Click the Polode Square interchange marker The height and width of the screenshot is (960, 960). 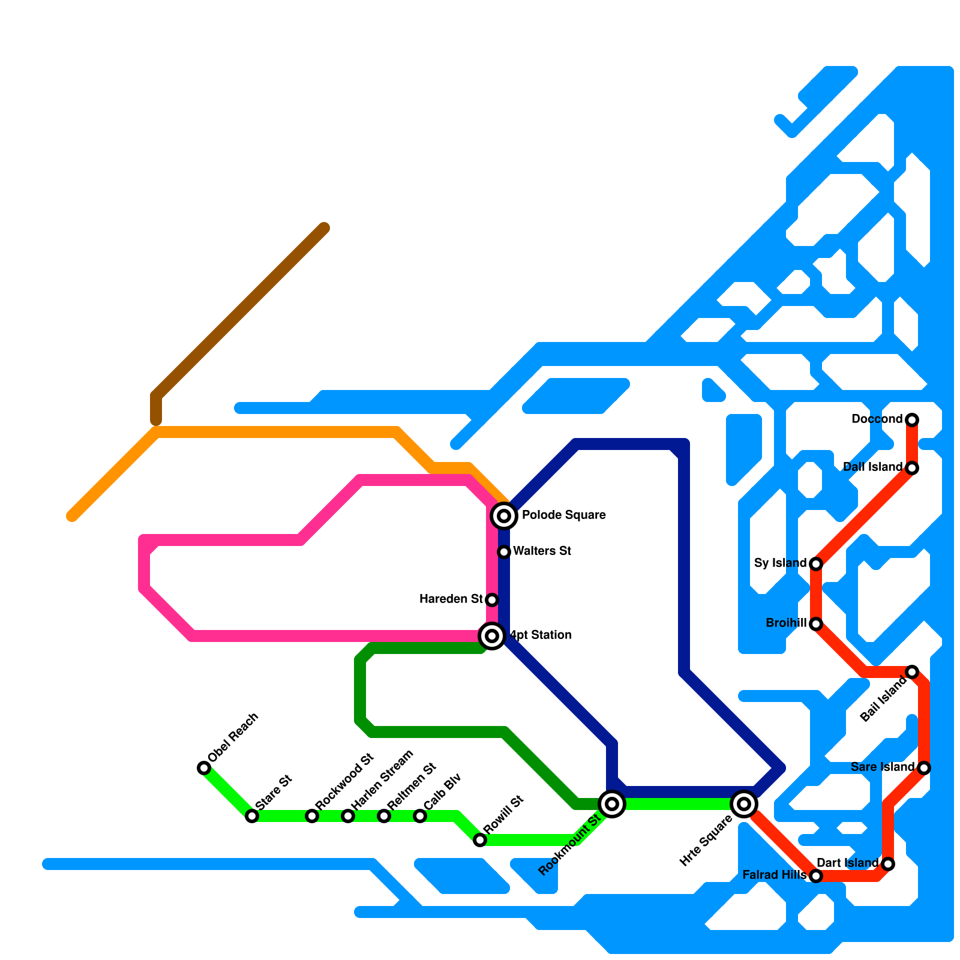coord(504,515)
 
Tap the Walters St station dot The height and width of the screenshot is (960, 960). coord(504,551)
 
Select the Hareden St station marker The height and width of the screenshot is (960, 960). coord(492,599)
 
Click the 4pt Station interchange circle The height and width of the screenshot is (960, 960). coord(492,635)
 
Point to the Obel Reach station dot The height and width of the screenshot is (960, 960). coord(204,767)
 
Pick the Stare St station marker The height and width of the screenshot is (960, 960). coord(252,815)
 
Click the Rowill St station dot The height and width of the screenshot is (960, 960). coord(480,839)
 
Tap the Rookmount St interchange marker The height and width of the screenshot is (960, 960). coord(612,803)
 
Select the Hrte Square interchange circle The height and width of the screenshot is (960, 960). coord(744,803)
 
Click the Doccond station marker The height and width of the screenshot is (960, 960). coord(912,419)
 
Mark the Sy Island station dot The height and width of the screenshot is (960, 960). coord(816,563)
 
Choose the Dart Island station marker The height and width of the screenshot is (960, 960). coord(888,863)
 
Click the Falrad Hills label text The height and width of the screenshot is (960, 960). coord(774,875)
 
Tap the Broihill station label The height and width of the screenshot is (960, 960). coord(786,623)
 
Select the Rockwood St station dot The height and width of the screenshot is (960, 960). coord(312,815)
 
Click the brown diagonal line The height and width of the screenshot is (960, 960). coord(240,312)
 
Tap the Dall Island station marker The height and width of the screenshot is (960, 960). coord(912,467)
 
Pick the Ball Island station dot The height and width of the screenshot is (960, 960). coord(912,671)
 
